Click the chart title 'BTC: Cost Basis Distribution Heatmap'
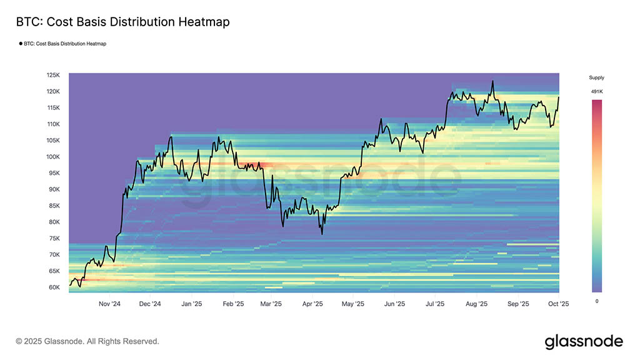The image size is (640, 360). [122, 22]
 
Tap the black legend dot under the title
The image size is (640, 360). [20, 44]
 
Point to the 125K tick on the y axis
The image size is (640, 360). [53, 75]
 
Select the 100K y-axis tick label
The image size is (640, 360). [53, 157]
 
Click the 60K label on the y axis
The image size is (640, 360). [54, 287]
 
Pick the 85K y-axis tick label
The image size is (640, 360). [54, 206]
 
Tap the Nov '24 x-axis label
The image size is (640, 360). [110, 304]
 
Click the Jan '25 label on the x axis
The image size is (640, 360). [191, 304]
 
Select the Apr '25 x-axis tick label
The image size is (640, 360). [312, 304]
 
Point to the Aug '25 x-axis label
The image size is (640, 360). [476, 304]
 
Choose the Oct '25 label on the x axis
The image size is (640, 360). [558, 304]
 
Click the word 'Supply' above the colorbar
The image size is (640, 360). [596, 77]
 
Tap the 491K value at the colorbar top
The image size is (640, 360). [596, 92]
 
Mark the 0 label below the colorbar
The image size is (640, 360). [596, 301]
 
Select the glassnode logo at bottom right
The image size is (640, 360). [584, 341]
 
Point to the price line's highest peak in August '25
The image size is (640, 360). [493, 81]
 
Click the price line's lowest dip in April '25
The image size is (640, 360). [322, 234]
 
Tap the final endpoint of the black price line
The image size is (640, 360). [559, 97]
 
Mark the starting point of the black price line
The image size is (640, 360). [69, 285]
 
